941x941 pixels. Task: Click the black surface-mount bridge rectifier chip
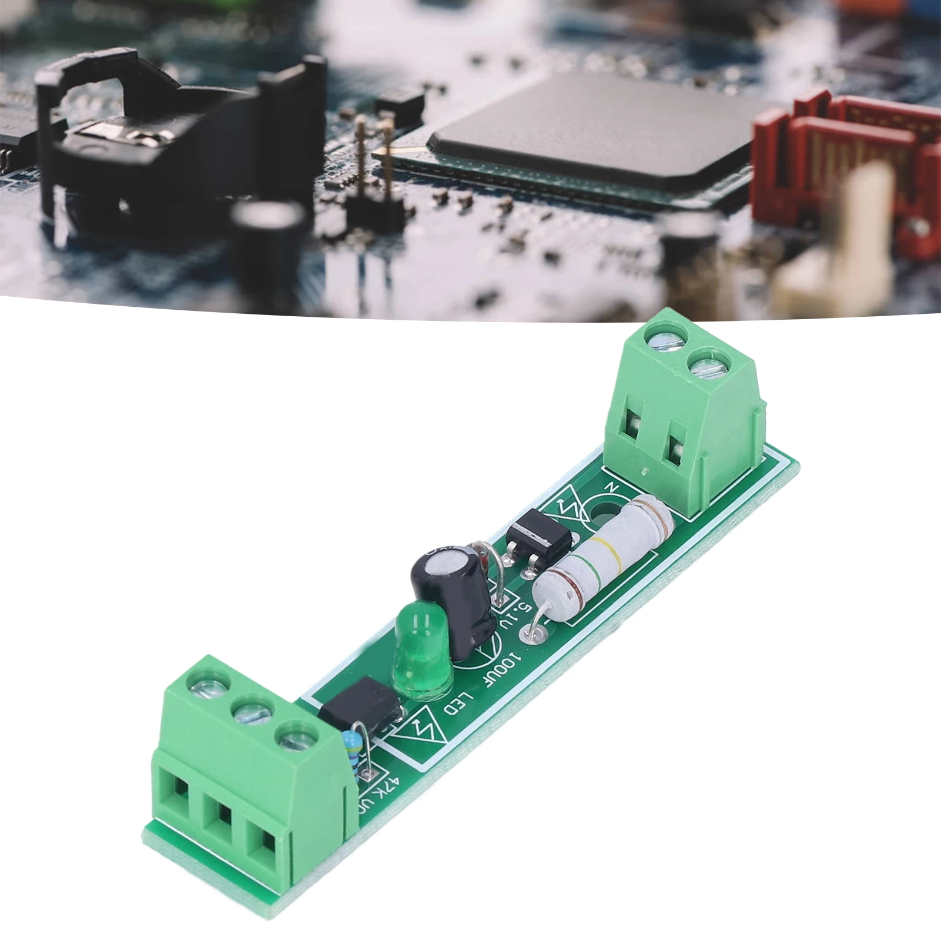coord(537,533)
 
